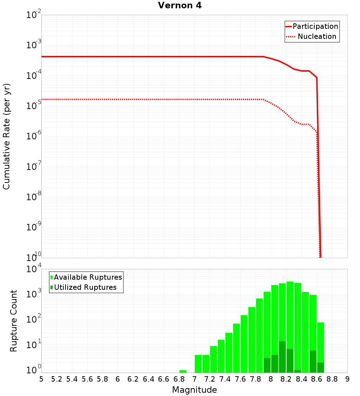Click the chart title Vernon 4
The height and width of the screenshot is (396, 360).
[180, 6]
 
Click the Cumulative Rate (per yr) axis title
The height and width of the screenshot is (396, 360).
[6, 136]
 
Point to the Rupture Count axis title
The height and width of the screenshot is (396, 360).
[14, 320]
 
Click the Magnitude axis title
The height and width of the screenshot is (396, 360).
[194, 390]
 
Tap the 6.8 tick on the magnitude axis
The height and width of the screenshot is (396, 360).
[179, 379]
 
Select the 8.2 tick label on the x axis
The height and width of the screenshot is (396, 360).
[286, 379]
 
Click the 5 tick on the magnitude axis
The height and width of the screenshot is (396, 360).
[41, 379]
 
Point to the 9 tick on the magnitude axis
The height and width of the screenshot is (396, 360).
[347, 379]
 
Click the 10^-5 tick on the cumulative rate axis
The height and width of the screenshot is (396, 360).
[34, 106]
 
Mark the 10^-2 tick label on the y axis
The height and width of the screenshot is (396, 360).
[34, 15]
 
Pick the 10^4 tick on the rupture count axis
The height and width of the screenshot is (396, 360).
[34, 269]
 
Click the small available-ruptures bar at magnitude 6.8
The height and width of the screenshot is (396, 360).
[183, 371]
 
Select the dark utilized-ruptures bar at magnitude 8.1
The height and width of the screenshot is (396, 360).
[282, 356]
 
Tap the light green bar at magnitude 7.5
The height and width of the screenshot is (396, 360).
[236, 348]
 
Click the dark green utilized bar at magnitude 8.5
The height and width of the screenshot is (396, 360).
[313, 361]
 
